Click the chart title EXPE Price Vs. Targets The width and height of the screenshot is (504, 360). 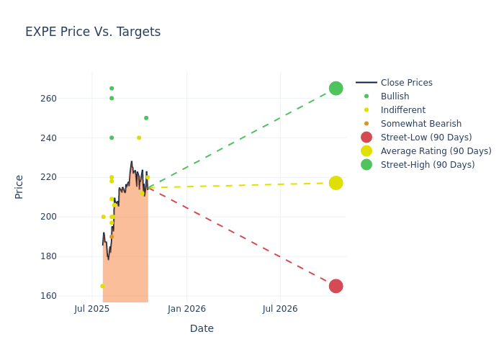click(x=93, y=32)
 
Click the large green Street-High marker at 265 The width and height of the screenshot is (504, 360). click(x=336, y=89)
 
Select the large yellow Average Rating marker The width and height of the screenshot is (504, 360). click(x=336, y=183)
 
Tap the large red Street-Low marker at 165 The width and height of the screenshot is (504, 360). click(x=336, y=286)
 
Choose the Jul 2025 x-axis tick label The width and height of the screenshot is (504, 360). click(x=91, y=309)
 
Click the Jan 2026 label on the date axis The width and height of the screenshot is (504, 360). click(x=186, y=309)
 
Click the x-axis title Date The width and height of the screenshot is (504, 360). click(x=202, y=328)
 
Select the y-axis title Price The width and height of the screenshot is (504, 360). click(x=19, y=186)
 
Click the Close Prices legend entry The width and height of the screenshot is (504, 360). click(x=406, y=83)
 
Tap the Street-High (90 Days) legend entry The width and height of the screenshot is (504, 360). click(x=428, y=165)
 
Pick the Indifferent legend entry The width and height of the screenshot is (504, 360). click(x=402, y=110)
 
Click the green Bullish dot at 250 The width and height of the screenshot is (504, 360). click(x=146, y=118)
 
